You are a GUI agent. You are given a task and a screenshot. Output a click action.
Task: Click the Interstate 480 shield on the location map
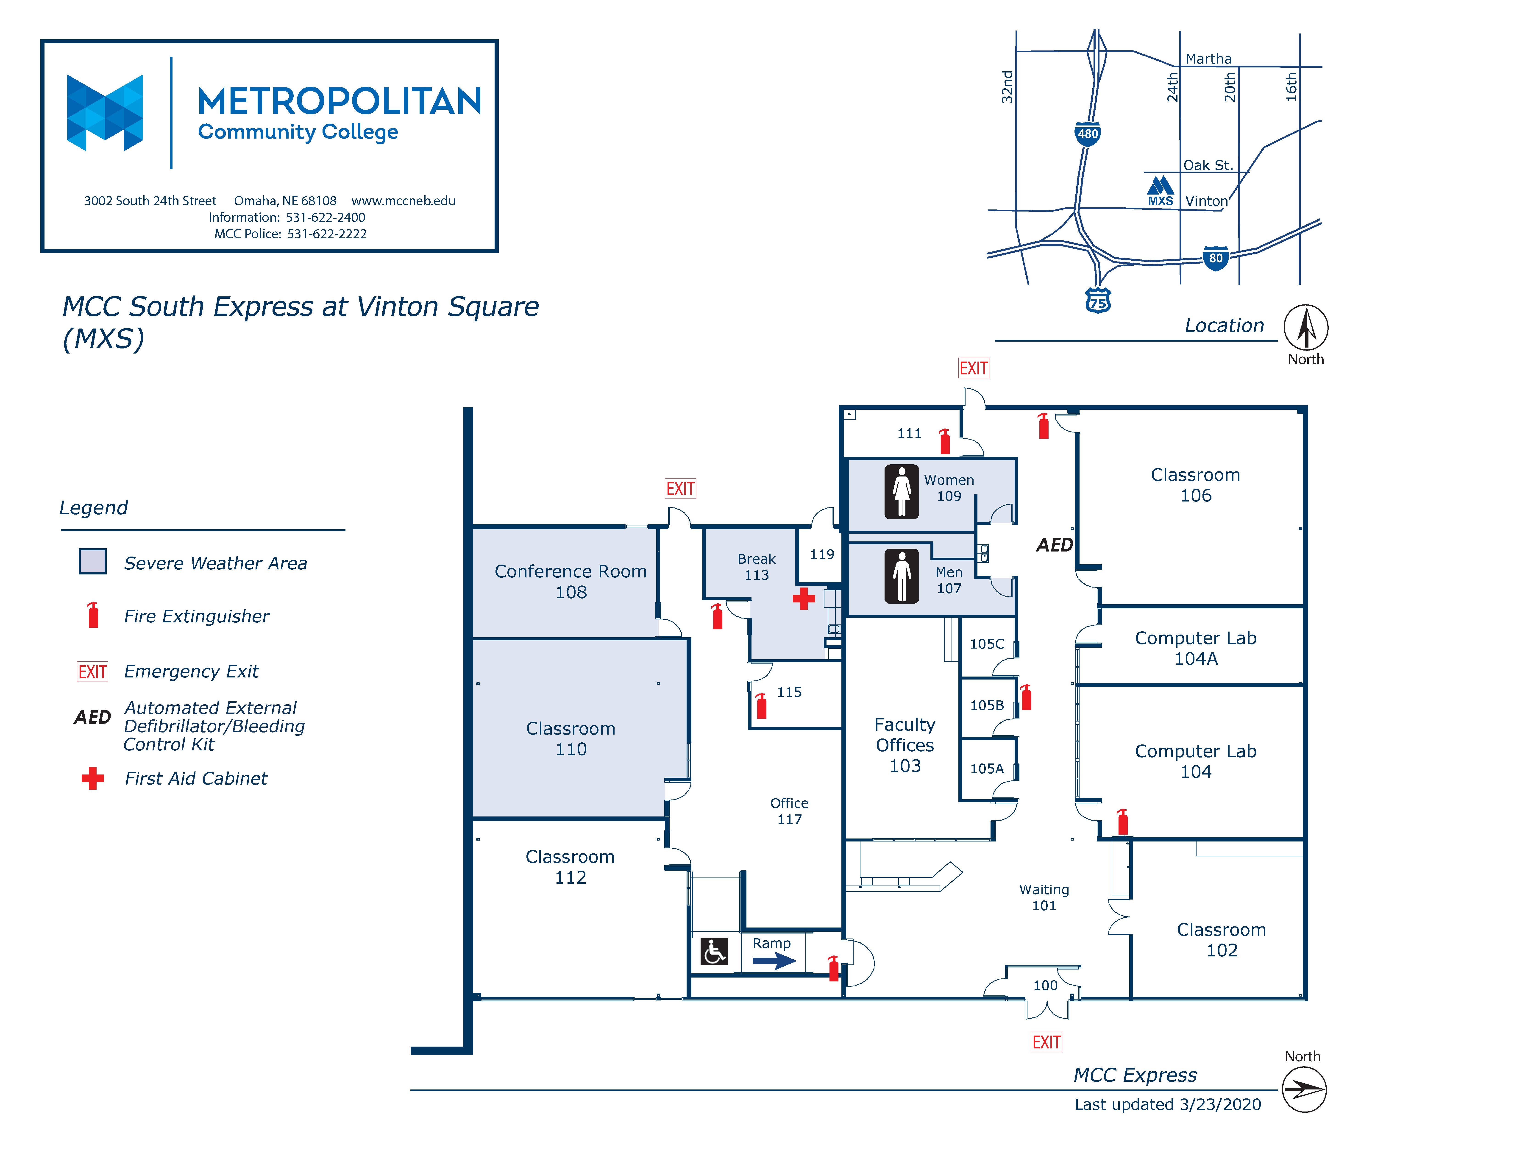pos(1087,133)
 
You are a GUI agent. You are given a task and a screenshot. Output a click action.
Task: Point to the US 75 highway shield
pos(1097,300)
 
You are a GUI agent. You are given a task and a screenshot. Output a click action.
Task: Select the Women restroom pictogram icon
pos(901,492)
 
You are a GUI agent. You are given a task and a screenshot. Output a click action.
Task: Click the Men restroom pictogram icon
pos(901,576)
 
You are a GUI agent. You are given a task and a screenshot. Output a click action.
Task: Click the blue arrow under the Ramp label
pos(774,961)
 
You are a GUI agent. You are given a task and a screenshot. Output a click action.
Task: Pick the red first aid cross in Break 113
pos(803,599)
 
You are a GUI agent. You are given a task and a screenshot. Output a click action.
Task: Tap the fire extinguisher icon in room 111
pos(944,442)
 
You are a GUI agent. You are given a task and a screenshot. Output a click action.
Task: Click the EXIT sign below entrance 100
pos(1046,1042)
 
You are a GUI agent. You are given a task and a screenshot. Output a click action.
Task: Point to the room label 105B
pos(986,705)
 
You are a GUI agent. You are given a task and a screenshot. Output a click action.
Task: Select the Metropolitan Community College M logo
pos(105,112)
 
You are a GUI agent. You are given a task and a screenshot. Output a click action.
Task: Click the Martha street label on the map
pos(1208,59)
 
